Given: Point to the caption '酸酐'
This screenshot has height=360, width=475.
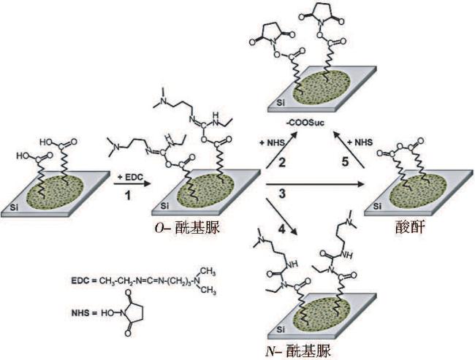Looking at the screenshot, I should pyautogui.click(x=414, y=229).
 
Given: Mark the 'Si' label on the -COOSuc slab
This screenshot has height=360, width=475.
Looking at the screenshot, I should pyautogui.click(x=284, y=104).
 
